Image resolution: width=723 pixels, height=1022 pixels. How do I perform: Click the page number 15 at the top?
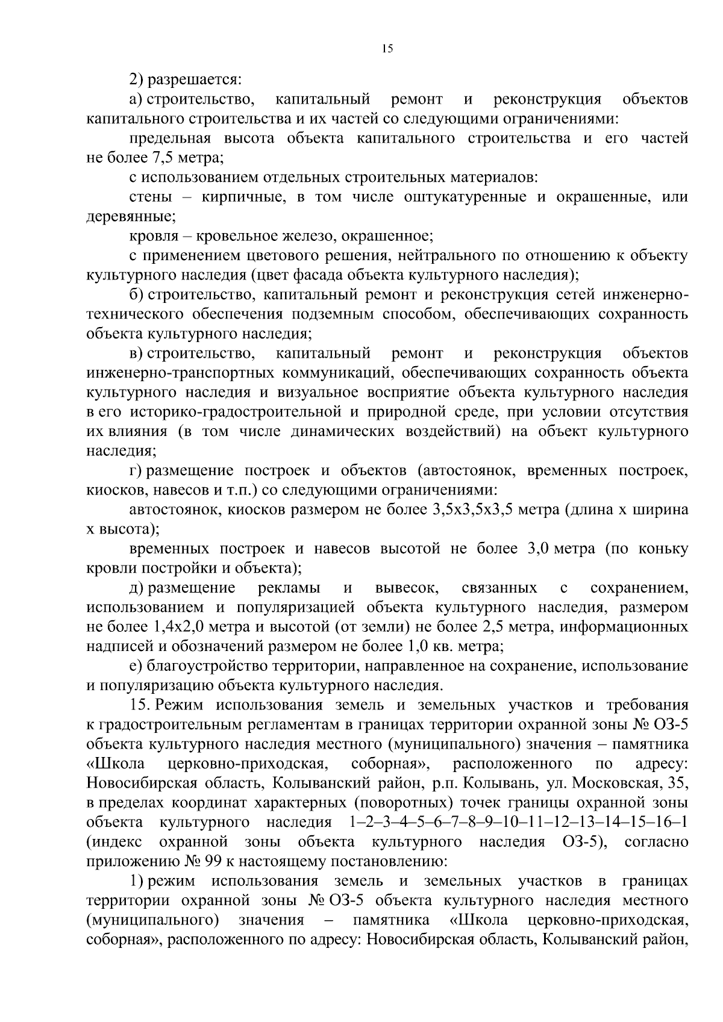pyautogui.click(x=387, y=50)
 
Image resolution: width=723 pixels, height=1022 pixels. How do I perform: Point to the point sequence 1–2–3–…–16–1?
pyautogui.click(x=519, y=823)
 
